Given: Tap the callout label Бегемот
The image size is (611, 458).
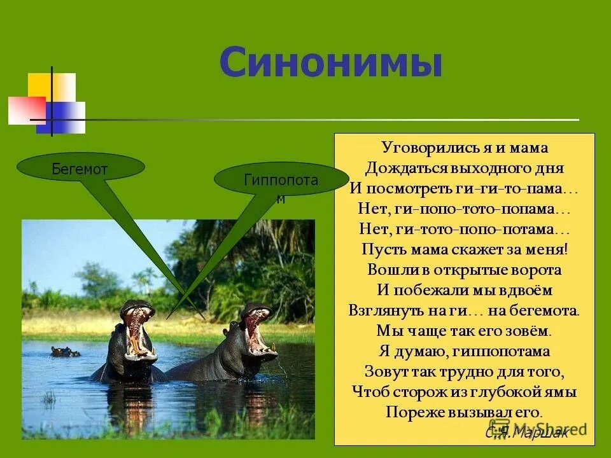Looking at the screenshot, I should point(80,169).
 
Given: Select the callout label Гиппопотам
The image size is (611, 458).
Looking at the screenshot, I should point(281,181).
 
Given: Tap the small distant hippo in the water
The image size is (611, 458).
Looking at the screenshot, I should point(64,351).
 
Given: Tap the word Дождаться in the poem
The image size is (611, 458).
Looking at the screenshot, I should point(399,169).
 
